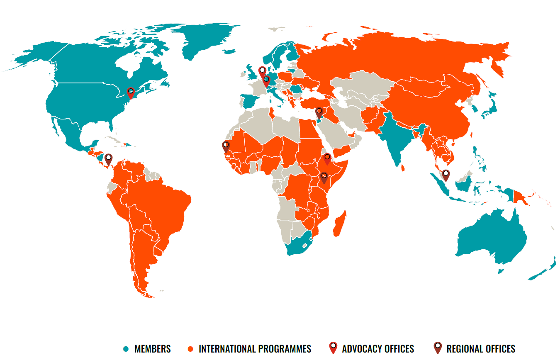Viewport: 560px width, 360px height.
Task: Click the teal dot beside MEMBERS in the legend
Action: pyautogui.click(x=126, y=349)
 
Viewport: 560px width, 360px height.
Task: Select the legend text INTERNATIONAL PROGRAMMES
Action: pyautogui.click(x=255, y=349)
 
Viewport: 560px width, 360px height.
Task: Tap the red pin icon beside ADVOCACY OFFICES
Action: pyautogui.click(x=333, y=348)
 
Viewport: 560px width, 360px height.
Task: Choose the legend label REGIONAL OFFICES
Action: pyautogui.click(x=481, y=349)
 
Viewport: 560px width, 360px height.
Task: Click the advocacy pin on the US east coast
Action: pyautogui.click(x=131, y=92)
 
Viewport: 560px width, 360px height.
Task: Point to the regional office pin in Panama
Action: pyautogui.click(x=108, y=159)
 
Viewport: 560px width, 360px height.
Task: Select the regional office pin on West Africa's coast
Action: pyautogui.click(x=226, y=146)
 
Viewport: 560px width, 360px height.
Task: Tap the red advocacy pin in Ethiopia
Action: pyautogui.click(x=327, y=158)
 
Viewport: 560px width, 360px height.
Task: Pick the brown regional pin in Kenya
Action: pyautogui.click(x=324, y=178)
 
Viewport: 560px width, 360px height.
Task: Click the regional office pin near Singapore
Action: pyautogui.click(x=446, y=175)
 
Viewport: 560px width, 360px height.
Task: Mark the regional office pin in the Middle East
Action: pyautogui.click(x=319, y=112)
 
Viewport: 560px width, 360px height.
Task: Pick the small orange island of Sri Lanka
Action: pyautogui.click(x=403, y=168)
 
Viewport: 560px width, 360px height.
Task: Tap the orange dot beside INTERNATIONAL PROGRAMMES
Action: pyautogui.click(x=190, y=349)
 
